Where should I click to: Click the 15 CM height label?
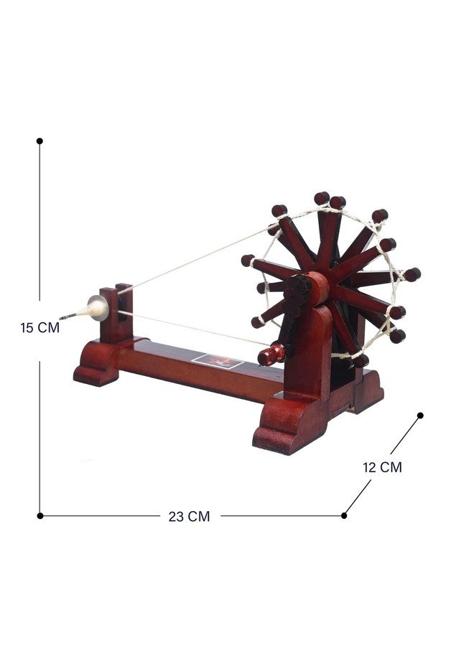tap(40, 327)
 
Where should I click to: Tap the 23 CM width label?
tap(189, 516)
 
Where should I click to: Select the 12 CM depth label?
tap(382, 467)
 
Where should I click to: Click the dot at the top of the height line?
tap(39, 141)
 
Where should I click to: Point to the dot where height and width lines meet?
tap(40, 516)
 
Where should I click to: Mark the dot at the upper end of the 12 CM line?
tap(420, 416)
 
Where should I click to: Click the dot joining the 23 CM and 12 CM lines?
tap(344, 515)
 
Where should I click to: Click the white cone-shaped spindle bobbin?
tap(96, 309)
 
